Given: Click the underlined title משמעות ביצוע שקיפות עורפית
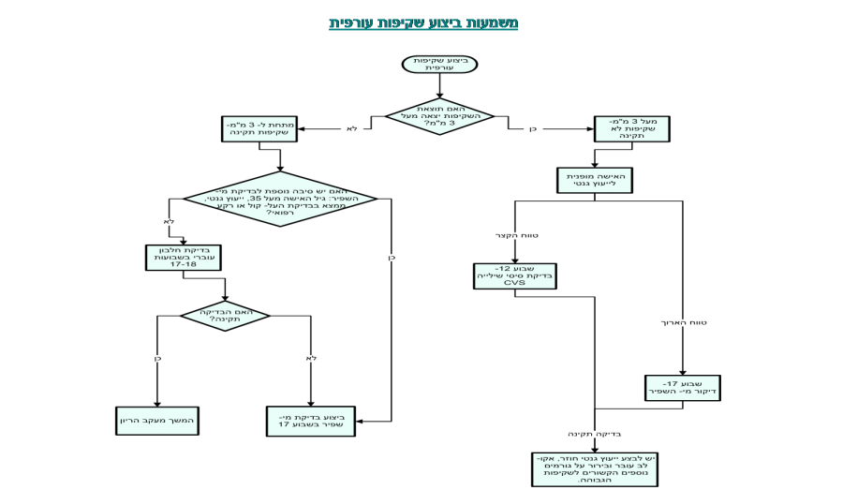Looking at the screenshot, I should click(x=423, y=23).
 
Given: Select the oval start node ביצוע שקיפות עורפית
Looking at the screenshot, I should click(x=439, y=64).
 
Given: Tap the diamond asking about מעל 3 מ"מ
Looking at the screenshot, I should click(x=439, y=117).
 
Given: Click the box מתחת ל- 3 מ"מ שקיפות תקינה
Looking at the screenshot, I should click(x=259, y=128).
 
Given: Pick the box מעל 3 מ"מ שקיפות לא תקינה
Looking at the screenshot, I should click(x=631, y=128).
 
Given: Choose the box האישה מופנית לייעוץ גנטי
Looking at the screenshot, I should click(x=594, y=180).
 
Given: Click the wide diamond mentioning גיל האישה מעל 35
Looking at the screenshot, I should click(x=280, y=199).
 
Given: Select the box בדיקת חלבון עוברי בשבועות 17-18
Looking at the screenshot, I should click(x=183, y=258).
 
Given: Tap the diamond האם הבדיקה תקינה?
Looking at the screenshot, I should click(x=225, y=316).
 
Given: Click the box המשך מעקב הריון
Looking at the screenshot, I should click(x=157, y=421).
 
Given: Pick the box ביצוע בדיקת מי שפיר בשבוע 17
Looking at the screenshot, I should click(x=310, y=421).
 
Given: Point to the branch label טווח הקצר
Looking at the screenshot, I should click(x=517, y=235).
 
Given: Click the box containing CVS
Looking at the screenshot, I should click(x=514, y=275).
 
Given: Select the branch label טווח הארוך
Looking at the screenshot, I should click(x=684, y=322).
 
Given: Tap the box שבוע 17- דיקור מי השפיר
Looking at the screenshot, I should click(x=682, y=388).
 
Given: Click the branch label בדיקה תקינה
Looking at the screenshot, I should click(x=594, y=434).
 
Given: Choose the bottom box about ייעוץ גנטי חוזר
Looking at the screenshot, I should click(x=594, y=469).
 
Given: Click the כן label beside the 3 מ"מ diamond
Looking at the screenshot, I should click(x=534, y=128).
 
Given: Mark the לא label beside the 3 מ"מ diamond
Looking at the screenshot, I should click(x=351, y=128).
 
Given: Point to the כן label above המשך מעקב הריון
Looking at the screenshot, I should click(x=159, y=358).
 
